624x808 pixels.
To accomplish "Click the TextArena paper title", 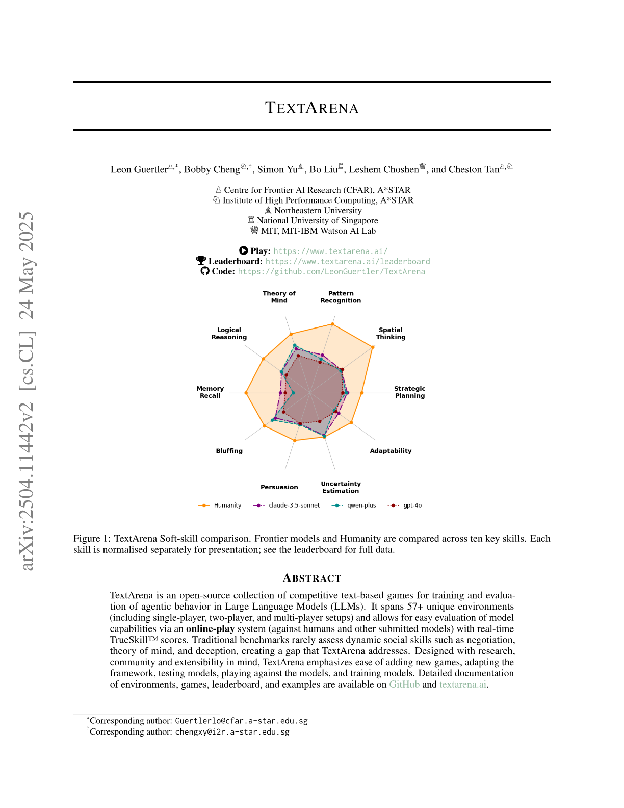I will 311,108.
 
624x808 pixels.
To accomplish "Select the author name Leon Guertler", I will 139,169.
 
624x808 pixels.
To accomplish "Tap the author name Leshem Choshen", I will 383,169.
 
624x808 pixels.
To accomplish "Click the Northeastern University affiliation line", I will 318,210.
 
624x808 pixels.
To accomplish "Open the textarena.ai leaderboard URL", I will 348,261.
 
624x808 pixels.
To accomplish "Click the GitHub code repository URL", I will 331,271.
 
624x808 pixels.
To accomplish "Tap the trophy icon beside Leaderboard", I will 201,261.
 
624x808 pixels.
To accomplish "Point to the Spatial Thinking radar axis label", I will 391,334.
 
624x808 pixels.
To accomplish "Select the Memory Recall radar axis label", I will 210,392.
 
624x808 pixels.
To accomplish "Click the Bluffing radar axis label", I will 229,451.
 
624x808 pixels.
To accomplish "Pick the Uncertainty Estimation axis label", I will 341,487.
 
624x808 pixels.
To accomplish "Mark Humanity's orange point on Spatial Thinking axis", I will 373,347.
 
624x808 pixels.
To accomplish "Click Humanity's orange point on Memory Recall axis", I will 246,393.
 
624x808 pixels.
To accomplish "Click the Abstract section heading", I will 312,578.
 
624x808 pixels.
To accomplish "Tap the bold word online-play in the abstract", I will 210,628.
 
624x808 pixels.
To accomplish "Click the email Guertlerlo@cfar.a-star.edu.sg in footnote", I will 241,721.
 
